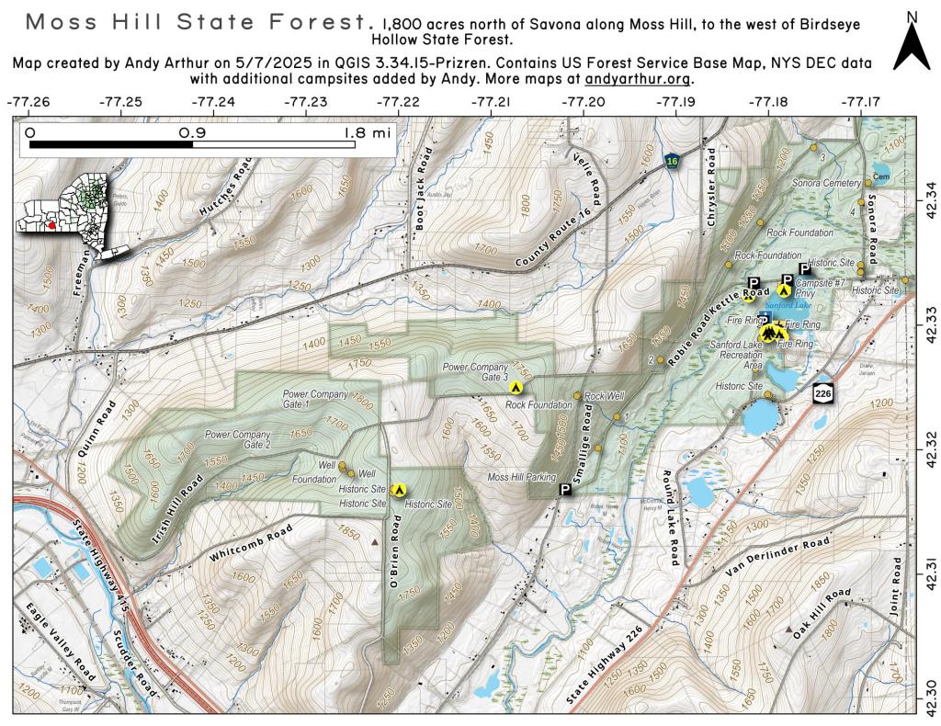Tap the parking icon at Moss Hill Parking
565,490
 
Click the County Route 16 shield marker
674,162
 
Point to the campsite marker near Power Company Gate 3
517,387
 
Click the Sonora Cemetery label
827,183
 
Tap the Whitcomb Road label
250,544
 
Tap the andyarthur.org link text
638,79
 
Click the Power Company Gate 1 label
315,399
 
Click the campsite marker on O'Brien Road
399,490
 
